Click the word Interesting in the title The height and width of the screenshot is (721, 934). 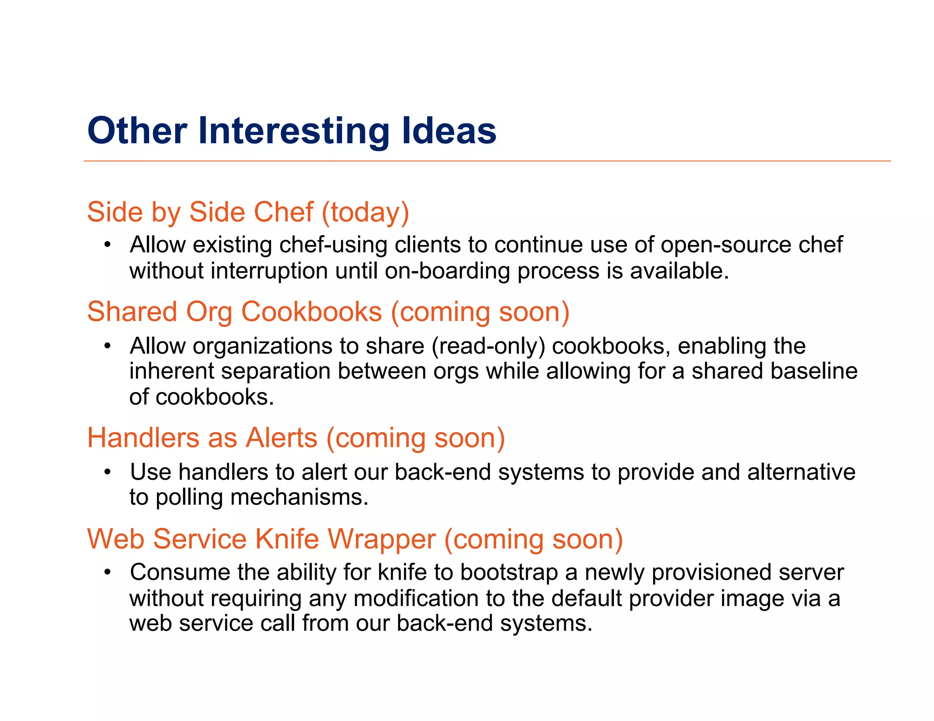pyautogui.click(x=293, y=131)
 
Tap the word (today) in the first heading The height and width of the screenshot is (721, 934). pyautogui.click(x=365, y=213)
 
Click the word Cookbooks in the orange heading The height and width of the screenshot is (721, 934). pyautogui.click(x=311, y=312)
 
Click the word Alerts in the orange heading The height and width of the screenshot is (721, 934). pyautogui.click(x=281, y=438)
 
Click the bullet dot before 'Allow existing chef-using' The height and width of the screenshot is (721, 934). pyautogui.click(x=107, y=245)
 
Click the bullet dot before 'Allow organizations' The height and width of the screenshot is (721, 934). pyautogui.click(x=107, y=346)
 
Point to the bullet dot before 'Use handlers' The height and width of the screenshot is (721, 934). pyautogui.click(x=107, y=472)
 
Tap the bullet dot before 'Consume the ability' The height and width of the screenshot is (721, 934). pyautogui.click(x=107, y=572)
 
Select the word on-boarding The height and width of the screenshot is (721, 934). pyautogui.click(x=447, y=271)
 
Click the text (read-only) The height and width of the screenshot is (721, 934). pyautogui.click(x=488, y=346)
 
